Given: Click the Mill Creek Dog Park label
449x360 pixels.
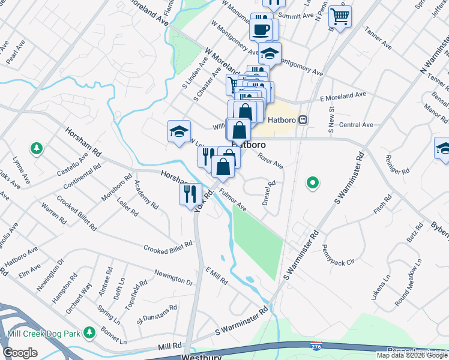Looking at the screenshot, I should click(x=43, y=334).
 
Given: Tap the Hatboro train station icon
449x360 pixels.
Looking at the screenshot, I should click(x=304, y=119).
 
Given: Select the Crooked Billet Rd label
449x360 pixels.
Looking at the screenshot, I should click(x=167, y=246).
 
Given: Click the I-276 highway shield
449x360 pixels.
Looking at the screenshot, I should click(x=316, y=346).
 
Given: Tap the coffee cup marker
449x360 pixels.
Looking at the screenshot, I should click(x=261, y=29).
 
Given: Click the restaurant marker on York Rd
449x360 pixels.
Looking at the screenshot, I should click(x=190, y=194).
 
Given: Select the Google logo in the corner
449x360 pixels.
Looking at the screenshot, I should click(x=20, y=352).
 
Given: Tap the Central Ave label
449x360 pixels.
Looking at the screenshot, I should click(x=356, y=125).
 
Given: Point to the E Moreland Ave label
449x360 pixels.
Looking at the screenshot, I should click(x=343, y=95).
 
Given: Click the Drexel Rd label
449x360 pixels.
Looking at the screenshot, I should click(x=268, y=193).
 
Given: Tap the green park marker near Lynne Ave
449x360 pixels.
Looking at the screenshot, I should click(x=37, y=148).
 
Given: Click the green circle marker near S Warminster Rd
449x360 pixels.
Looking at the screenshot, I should click(x=312, y=182).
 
